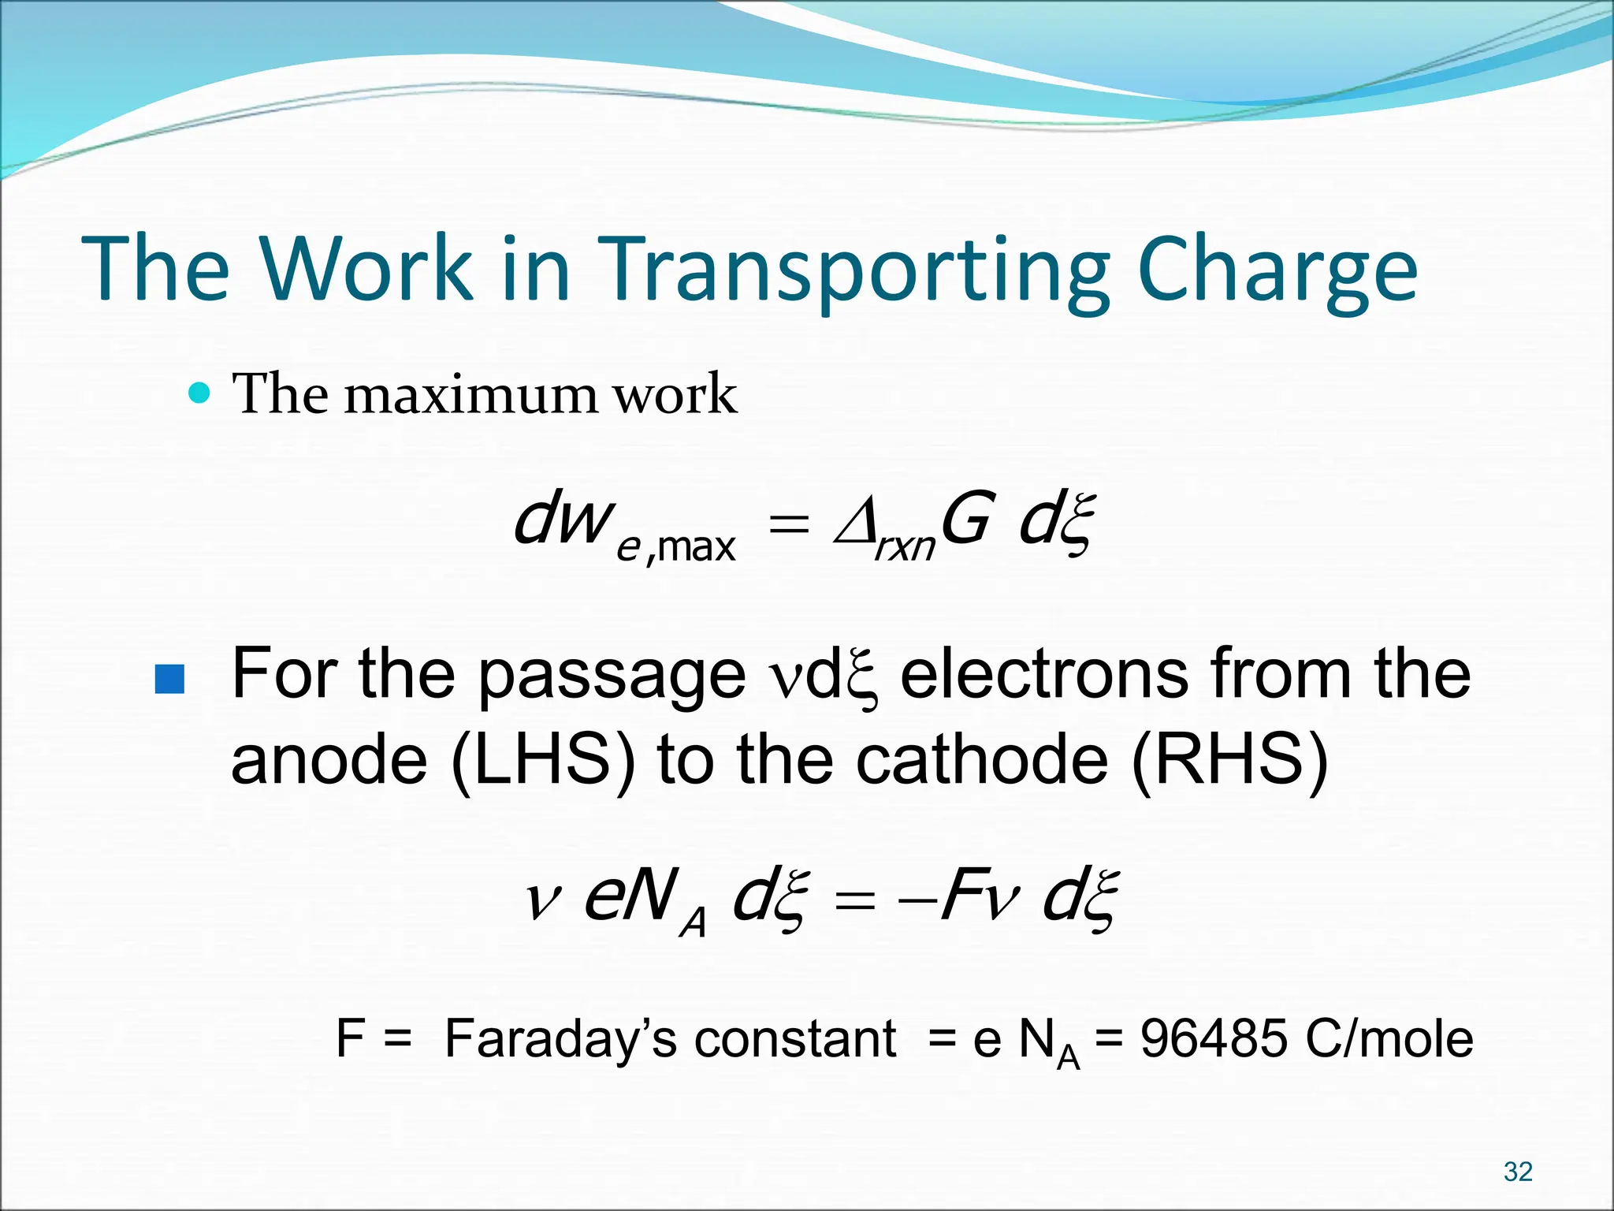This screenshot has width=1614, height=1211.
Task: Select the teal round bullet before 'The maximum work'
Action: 200,393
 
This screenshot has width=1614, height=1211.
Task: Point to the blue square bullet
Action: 169,679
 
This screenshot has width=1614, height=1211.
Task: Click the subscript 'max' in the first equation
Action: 696,546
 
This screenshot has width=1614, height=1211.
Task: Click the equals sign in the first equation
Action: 789,524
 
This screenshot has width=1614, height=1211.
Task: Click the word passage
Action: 612,676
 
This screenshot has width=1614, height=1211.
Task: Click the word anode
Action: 329,761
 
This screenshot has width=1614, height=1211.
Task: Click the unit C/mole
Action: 1389,1038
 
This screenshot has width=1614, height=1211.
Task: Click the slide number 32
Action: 1518,1172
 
